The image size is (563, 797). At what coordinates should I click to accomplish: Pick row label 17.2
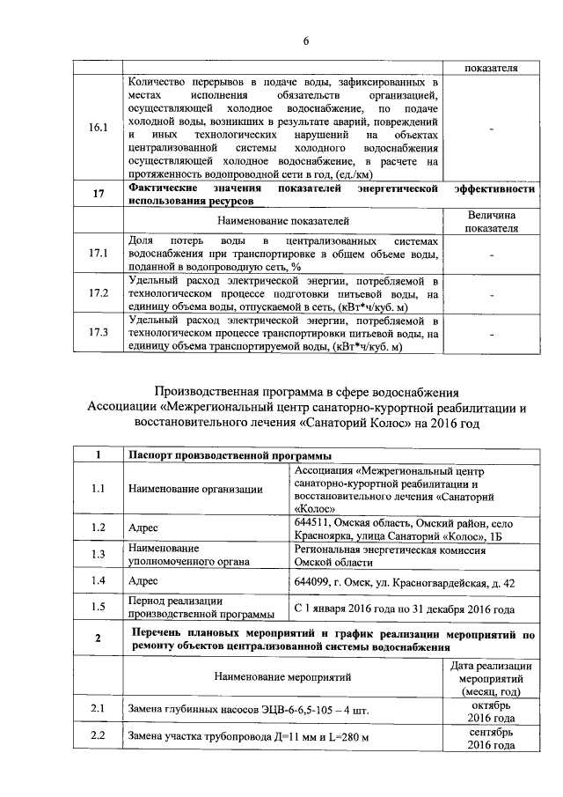[99, 292]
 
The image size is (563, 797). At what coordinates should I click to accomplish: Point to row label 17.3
[99, 333]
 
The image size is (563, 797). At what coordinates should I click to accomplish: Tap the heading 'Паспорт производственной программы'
[223, 455]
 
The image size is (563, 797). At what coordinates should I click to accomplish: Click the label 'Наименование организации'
[195, 490]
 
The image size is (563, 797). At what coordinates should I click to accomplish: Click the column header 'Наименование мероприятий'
[281, 677]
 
